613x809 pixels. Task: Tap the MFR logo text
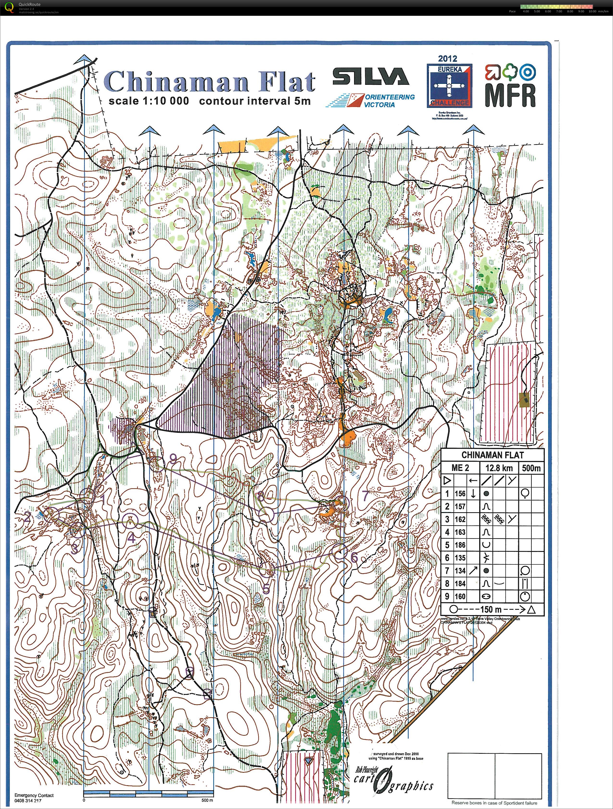[510, 95]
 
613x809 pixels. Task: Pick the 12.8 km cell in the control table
[499, 468]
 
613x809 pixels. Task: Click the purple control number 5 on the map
[266, 589]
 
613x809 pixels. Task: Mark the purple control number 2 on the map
[27, 517]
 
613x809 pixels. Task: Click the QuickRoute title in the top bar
[30, 4]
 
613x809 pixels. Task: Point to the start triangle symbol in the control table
[447, 480]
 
